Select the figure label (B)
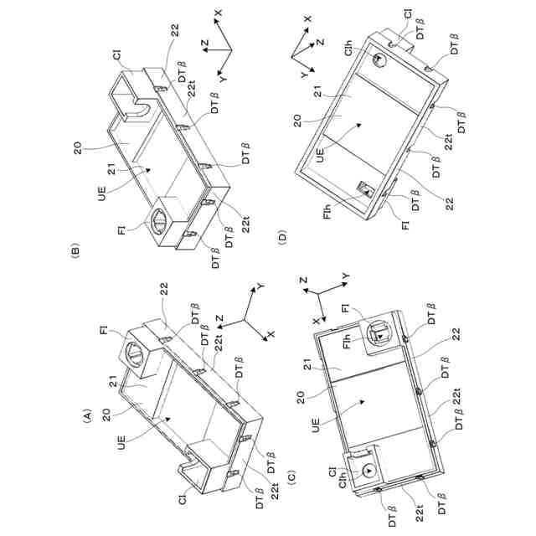(75, 250)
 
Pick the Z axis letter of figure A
(219, 318)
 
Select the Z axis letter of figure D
(320, 40)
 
